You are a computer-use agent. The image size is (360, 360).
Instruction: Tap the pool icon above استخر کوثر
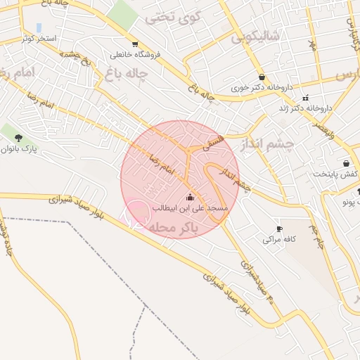[39, 27]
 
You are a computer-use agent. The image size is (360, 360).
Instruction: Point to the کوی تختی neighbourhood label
[174, 18]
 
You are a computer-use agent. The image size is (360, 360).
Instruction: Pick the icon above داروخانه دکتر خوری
[262, 77]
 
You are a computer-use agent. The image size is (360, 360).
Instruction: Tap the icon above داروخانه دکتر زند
[305, 98]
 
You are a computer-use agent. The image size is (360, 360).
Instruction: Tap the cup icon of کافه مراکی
[280, 229]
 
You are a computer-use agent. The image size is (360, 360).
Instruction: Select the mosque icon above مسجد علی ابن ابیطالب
[190, 197]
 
